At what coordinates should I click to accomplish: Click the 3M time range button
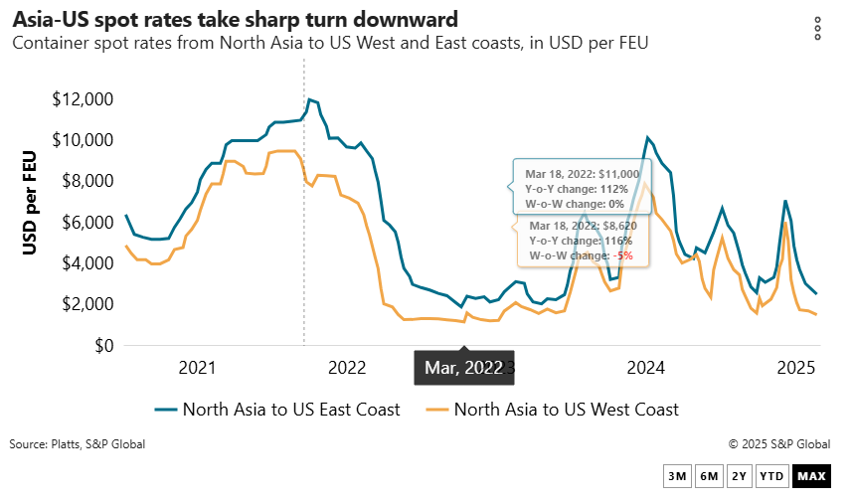(x=677, y=477)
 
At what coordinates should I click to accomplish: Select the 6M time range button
(x=709, y=477)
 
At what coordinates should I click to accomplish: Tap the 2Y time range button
(x=740, y=477)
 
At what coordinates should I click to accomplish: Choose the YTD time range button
(x=771, y=477)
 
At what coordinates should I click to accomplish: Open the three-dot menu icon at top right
(x=817, y=28)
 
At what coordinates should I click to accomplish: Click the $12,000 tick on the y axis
(x=84, y=99)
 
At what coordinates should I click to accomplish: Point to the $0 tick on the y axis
(x=102, y=346)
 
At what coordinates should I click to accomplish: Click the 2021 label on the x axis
(x=197, y=369)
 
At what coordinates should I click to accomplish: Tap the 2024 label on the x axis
(x=646, y=369)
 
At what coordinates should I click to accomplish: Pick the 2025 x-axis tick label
(x=795, y=369)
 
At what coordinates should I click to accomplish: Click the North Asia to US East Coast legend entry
(x=278, y=409)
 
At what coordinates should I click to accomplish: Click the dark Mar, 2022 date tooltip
(x=463, y=368)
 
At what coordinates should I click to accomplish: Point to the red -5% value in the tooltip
(x=623, y=255)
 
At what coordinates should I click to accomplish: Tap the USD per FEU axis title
(x=32, y=202)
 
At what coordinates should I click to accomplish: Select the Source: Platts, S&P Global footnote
(x=77, y=444)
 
